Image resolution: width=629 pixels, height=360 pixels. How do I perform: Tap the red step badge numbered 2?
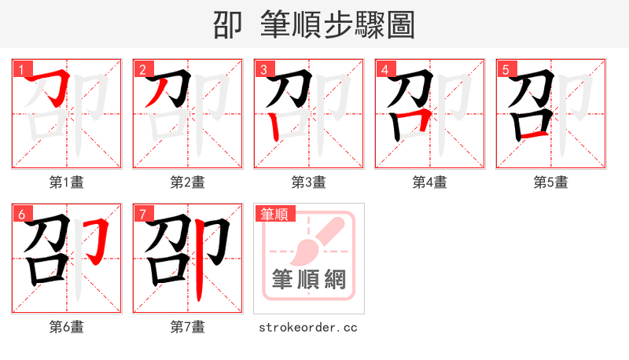point(142,69)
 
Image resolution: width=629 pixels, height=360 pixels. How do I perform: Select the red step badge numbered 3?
point(263,69)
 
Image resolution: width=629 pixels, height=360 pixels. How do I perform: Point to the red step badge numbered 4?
point(384,69)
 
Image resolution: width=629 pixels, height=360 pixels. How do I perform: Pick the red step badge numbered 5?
point(506,69)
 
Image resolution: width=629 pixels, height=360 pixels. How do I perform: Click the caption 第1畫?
point(67,182)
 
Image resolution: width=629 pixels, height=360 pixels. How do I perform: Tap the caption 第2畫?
point(188,182)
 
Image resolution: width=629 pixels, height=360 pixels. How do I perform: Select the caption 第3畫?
point(309,182)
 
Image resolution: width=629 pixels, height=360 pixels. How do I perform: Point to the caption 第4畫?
point(430,182)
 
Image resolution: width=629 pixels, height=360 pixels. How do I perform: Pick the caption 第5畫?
point(551,182)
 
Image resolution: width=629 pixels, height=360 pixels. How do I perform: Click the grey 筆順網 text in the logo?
point(309,280)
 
